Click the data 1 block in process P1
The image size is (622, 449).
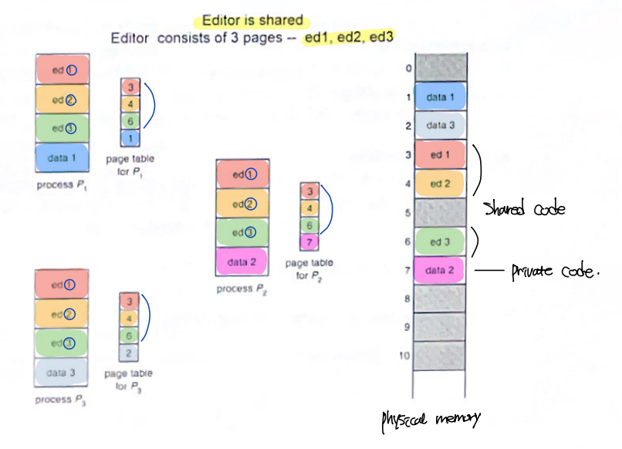[63, 158]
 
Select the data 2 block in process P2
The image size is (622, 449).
[242, 262]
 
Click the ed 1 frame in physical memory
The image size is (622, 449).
[440, 155]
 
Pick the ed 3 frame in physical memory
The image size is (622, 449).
[440, 241]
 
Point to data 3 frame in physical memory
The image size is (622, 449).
[440, 125]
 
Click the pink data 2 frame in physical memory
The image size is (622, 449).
[440, 270]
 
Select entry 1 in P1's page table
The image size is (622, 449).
[130, 137]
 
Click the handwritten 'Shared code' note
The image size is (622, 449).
[524, 208]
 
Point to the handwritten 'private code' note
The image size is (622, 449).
[555, 272]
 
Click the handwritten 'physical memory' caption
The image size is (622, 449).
[430, 419]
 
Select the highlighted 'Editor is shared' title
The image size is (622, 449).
[252, 21]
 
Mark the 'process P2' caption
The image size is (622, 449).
[242, 289]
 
